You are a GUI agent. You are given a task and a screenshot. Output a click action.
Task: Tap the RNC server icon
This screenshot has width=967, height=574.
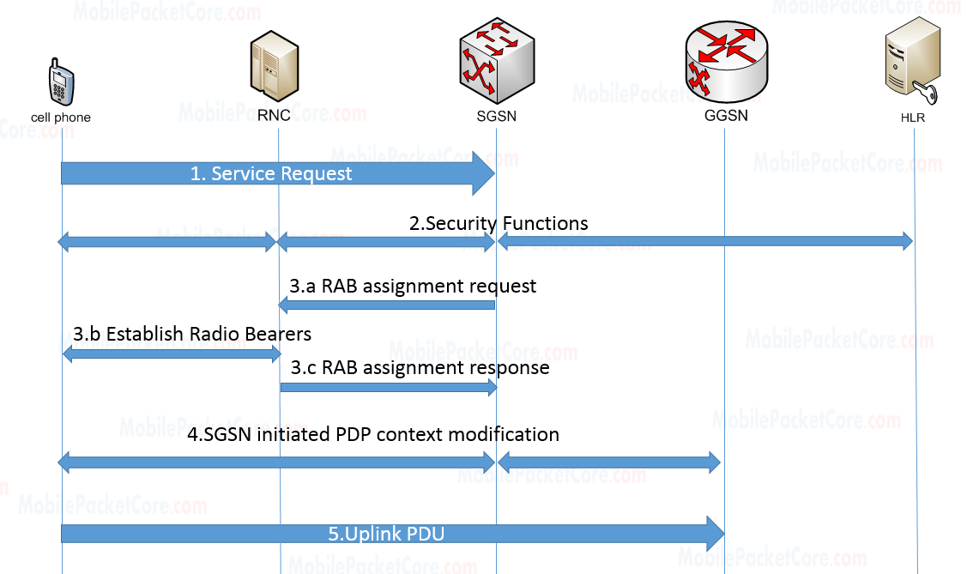pos(274,59)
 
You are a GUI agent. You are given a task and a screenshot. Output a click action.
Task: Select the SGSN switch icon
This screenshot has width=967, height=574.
pos(497,59)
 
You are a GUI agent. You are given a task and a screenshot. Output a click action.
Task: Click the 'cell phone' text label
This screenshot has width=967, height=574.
pos(60,118)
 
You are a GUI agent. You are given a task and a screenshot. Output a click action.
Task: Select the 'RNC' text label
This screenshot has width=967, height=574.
pos(274,116)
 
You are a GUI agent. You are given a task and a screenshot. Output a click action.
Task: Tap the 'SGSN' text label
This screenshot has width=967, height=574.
pos(497,116)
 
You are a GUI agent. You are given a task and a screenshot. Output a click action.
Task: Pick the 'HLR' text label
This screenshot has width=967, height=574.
pos(913,118)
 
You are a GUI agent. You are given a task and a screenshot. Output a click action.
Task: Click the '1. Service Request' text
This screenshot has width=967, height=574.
pos(271,174)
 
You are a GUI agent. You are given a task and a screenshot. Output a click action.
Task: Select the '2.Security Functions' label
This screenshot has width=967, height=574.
pos(499,223)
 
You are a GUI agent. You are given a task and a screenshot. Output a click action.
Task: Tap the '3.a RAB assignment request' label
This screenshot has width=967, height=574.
pos(413,286)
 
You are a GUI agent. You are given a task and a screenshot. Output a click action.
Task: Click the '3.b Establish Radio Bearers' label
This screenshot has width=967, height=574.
pos(192,333)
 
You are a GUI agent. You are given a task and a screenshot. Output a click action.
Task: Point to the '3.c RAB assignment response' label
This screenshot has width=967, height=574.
pos(420,367)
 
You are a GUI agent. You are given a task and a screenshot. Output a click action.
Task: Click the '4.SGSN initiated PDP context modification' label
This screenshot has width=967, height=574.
pos(373,434)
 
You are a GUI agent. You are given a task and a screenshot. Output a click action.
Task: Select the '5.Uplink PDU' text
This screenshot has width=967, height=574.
pos(386,534)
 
